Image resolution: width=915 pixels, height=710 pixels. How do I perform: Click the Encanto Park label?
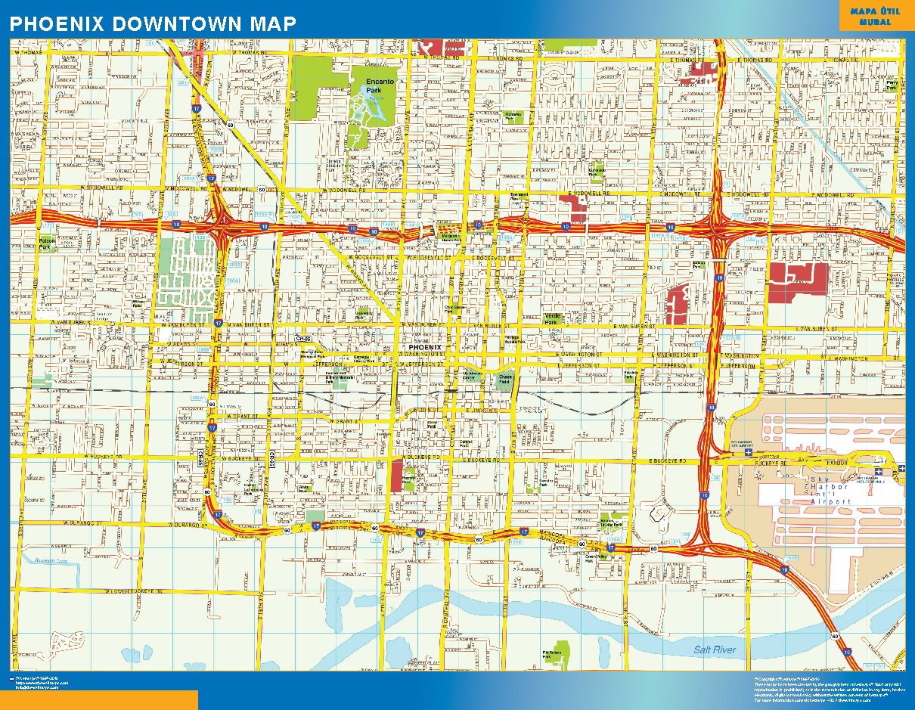click(x=374, y=85)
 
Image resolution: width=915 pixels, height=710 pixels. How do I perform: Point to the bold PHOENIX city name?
click(x=424, y=348)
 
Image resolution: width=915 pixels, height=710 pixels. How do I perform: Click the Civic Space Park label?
click(x=454, y=308)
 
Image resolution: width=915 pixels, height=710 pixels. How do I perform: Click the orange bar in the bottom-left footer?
click(x=99, y=699)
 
